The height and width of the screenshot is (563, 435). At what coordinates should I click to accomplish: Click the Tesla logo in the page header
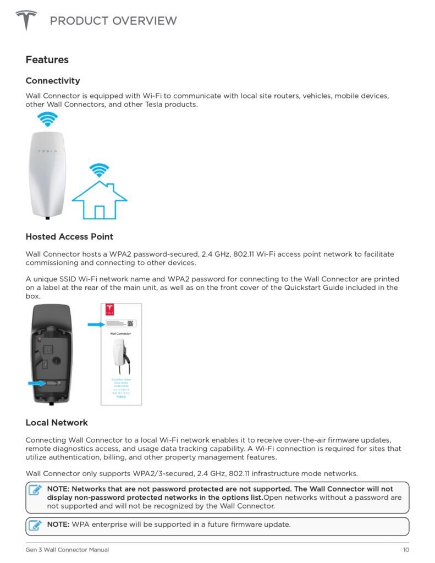point(26,21)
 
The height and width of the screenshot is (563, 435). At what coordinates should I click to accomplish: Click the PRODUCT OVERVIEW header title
point(113,21)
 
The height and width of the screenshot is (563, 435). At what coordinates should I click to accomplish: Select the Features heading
point(47,59)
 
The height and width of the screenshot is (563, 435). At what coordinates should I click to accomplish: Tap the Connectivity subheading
point(53,81)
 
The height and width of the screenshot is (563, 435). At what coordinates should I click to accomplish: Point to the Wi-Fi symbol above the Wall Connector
point(47,119)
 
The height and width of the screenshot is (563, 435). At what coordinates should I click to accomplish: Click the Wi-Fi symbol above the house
point(100,170)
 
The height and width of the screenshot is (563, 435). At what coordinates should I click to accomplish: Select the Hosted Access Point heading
point(69,236)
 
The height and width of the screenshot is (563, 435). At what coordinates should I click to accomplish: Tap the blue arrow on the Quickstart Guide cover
point(95,324)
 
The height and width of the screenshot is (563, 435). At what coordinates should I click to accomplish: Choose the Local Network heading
point(57,422)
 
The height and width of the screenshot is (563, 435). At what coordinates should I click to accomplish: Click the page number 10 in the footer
point(406,550)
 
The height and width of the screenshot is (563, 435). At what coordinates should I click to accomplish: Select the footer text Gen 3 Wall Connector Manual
point(67,550)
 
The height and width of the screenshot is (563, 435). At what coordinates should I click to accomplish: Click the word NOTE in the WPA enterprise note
point(58,525)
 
